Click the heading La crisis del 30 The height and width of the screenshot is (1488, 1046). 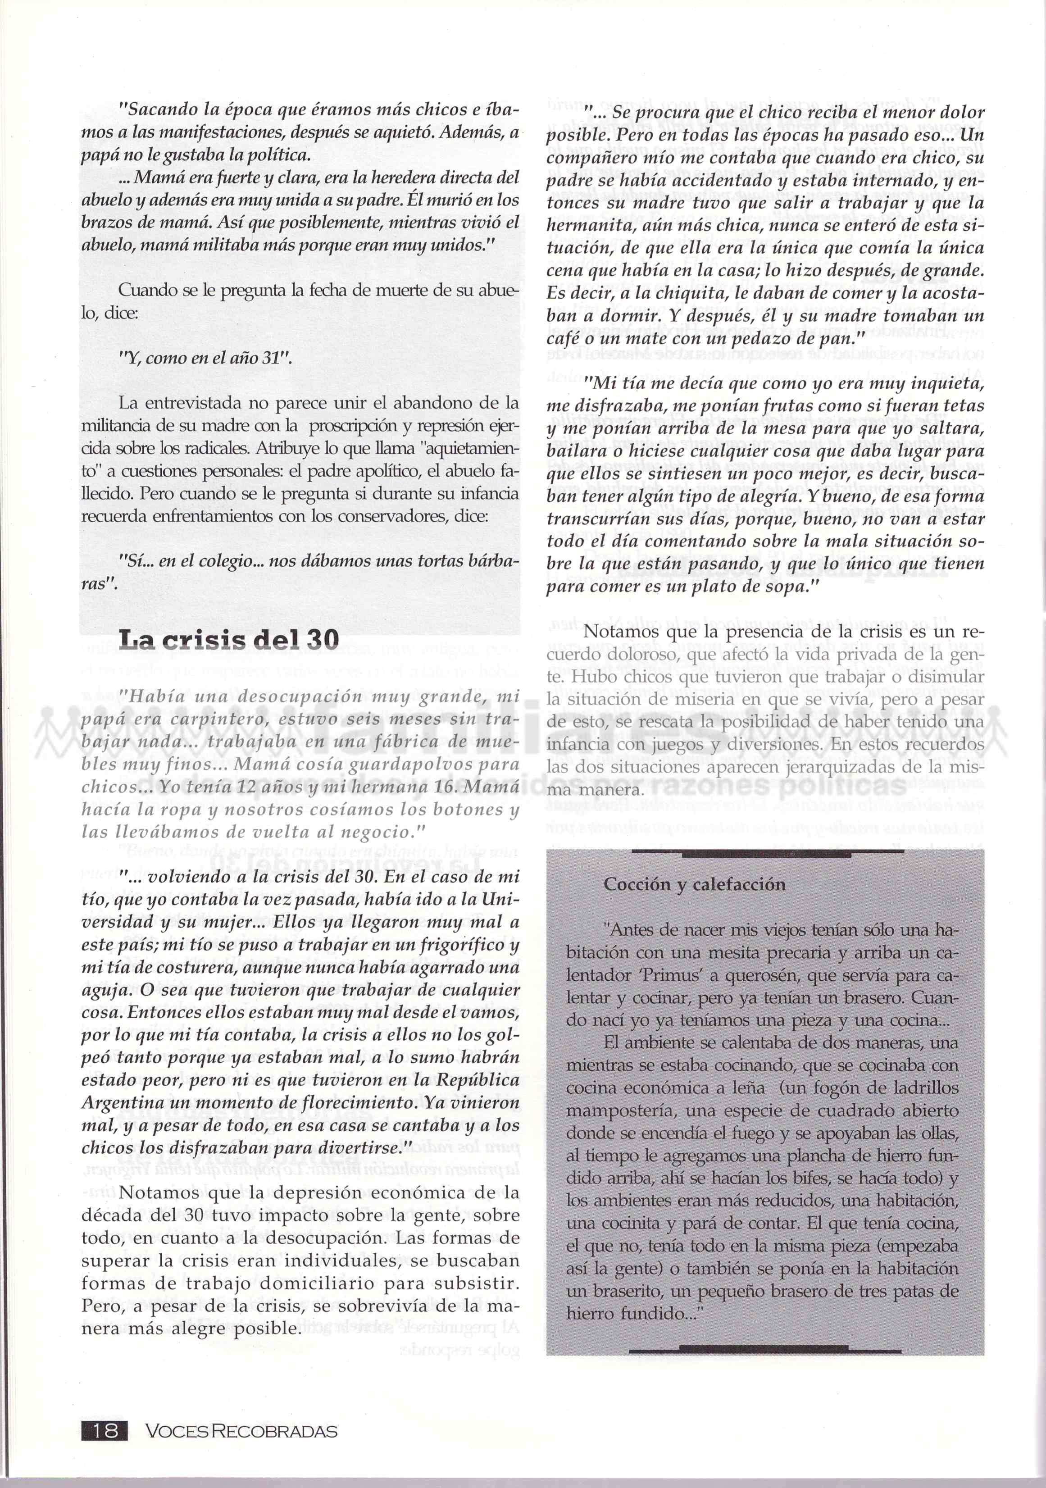click(229, 640)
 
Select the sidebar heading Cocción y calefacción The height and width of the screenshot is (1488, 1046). click(694, 885)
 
